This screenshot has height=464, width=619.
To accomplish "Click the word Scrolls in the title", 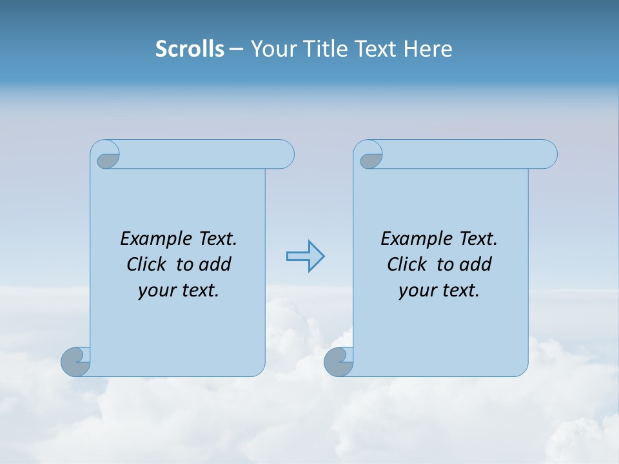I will [x=190, y=49].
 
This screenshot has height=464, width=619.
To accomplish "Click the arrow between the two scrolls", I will [x=305, y=256].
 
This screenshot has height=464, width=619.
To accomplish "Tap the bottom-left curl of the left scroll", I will [x=75, y=361].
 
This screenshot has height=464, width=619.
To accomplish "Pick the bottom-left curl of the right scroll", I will [x=339, y=361].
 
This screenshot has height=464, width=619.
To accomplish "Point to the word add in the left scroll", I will [x=215, y=264].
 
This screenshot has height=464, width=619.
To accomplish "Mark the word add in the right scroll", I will [x=476, y=264].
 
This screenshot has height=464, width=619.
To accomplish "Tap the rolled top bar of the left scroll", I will [x=206, y=154].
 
